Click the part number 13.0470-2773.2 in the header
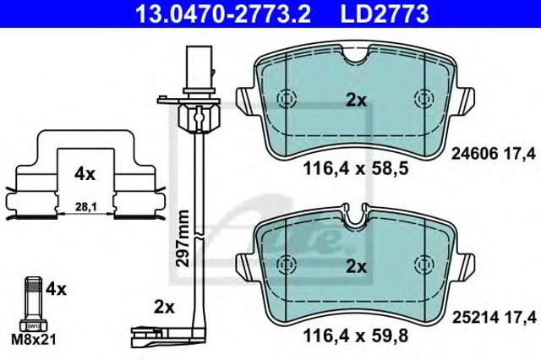(223, 14)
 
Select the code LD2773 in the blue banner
(385, 14)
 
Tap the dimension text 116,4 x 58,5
(356, 169)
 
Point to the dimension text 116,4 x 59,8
(356, 335)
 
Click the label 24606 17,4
(494, 154)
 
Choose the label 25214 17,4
(494, 318)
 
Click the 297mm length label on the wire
(183, 238)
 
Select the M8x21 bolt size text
(34, 341)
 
